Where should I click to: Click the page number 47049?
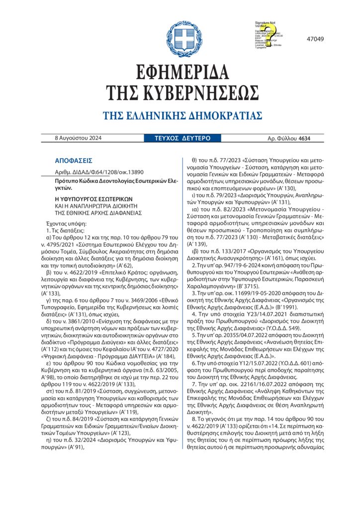(315, 39)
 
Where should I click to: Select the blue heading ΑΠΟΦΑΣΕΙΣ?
(74, 161)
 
